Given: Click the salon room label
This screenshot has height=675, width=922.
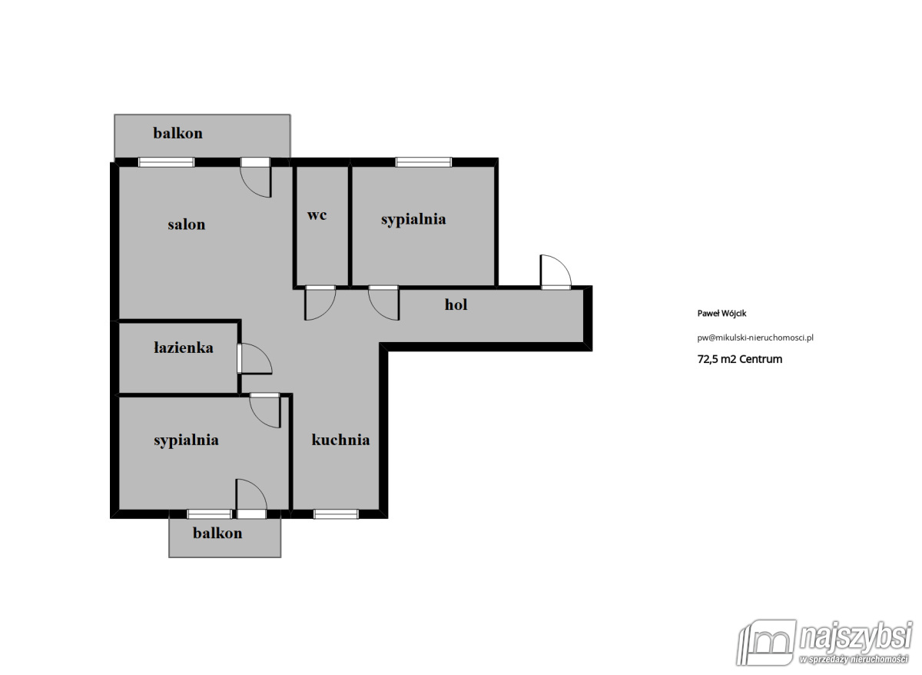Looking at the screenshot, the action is [x=187, y=224].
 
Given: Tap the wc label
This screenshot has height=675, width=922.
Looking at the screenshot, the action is [x=317, y=215].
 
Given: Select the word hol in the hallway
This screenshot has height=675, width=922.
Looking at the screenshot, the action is [x=456, y=304].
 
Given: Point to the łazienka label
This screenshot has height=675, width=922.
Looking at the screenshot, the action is [x=184, y=348].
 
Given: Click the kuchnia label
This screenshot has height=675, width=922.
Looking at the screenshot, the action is [x=341, y=440].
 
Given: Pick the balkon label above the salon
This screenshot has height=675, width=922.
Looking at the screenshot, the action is [x=177, y=133].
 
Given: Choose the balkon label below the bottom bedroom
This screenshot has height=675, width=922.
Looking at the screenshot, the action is [x=217, y=534].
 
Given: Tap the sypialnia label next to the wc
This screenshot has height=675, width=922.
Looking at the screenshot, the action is [x=413, y=220].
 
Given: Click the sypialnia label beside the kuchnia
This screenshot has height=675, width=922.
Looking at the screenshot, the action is [x=187, y=441].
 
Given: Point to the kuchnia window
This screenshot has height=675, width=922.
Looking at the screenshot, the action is [x=336, y=514].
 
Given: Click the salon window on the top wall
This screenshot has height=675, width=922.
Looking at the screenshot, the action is [x=166, y=162].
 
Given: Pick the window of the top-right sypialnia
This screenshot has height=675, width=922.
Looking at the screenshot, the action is [x=423, y=162].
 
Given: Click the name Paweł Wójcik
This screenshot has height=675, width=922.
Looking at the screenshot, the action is [x=721, y=314].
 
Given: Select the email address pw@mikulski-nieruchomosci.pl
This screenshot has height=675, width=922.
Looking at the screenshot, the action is [x=755, y=338].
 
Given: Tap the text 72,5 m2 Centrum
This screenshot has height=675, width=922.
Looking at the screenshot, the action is [x=740, y=359].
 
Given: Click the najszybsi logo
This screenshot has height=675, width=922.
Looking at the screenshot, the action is [x=824, y=643].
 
